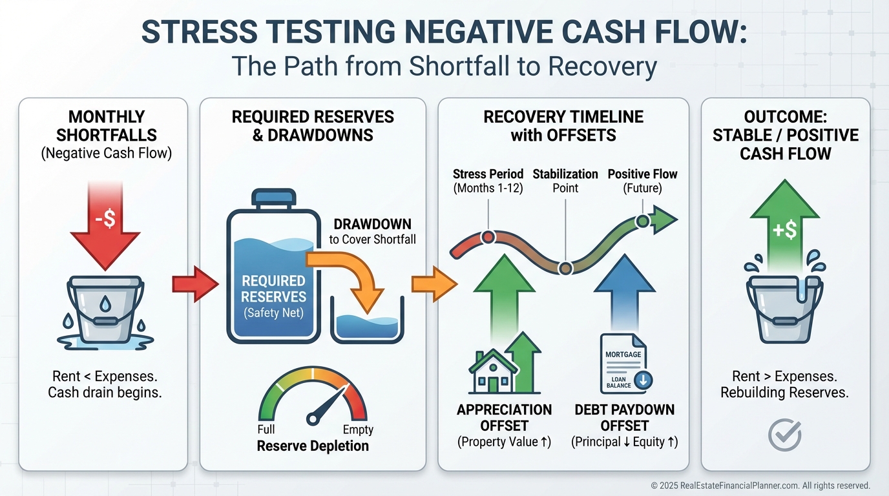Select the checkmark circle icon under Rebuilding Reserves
click(785, 435)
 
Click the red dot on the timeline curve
click(488, 237)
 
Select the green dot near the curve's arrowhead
click(642, 222)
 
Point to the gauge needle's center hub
click(313, 419)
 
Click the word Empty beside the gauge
click(358, 429)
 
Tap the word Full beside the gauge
click(266, 429)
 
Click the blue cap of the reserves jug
click(274, 196)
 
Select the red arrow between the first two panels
click(194, 284)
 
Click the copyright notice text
click(760, 485)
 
